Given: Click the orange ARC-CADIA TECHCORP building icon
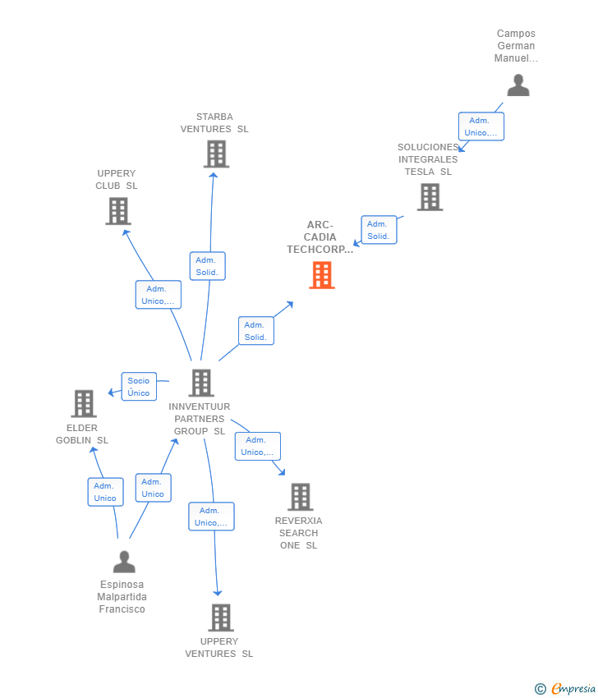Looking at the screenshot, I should pyautogui.click(x=321, y=275).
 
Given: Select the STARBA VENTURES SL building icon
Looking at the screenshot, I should pyautogui.click(x=215, y=154).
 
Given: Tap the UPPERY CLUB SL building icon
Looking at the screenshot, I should pyautogui.click(x=118, y=211).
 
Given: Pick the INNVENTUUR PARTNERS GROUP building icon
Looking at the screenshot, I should pyautogui.click(x=200, y=383).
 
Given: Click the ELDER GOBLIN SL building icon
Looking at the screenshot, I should pyautogui.click(x=84, y=404).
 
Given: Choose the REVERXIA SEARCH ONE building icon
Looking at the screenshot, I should pyautogui.click(x=301, y=497).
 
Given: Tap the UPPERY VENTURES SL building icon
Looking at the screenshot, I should pyautogui.click(x=220, y=618).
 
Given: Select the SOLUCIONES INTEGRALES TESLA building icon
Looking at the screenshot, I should pyautogui.click(x=429, y=197).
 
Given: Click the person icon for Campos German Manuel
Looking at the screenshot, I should pyautogui.click(x=517, y=85).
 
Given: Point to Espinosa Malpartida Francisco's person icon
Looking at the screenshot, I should pyautogui.click(x=124, y=563).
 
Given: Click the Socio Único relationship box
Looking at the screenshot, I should pyautogui.click(x=139, y=387).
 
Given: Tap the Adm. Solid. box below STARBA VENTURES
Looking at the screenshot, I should pyautogui.click(x=207, y=266).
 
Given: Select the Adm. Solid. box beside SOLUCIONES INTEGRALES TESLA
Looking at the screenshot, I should pyautogui.click(x=379, y=230).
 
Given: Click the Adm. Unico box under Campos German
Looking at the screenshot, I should pyautogui.click(x=481, y=126).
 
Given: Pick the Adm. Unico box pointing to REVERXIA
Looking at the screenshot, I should pyautogui.click(x=257, y=446).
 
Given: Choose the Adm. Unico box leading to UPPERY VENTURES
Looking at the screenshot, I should pyautogui.click(x=211, y=517).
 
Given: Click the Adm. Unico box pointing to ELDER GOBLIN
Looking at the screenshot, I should pyautogui.click(x=105, y=492).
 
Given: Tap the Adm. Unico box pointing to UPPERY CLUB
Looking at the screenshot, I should pyautogui.click(x=158, y=295).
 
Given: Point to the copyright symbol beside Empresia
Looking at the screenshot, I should pyautogui.click(x=540, y=689).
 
